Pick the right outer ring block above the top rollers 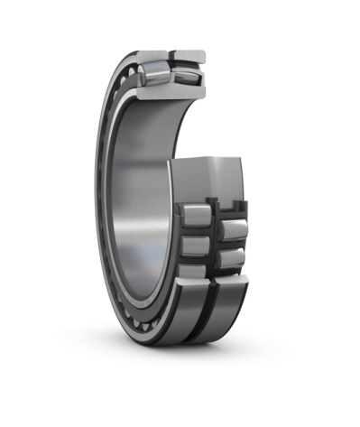pyautogui.click(x=190, y=58)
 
